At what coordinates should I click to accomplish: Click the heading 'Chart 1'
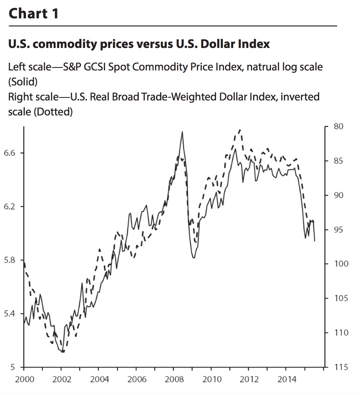pyautogui.click(x=33, y=13)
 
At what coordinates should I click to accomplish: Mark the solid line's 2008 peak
pyautogui.click(x=182, y=132)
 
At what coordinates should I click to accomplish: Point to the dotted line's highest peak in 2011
pyautogui.click(x=240, y=130)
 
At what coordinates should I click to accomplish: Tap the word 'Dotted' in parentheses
pyautogui.click(x=53, y=112)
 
